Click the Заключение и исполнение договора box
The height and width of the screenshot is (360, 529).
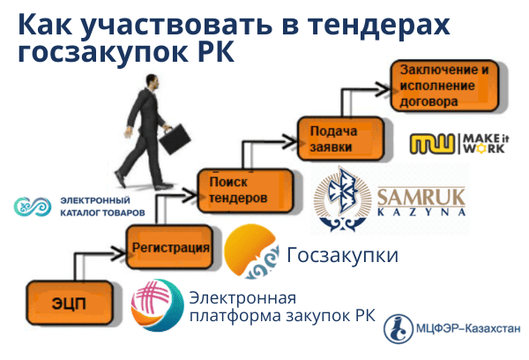click(443, 86)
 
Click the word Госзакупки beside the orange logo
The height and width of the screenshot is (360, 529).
click(343, 256)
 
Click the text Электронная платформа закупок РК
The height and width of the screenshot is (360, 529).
click(282, 307)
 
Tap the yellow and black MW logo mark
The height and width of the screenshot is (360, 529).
click(434, 144)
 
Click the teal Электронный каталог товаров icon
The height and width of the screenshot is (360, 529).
click(32, 206)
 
